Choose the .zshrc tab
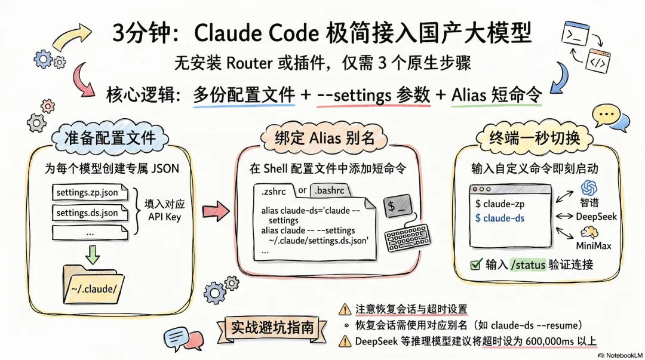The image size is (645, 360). coord(273,190)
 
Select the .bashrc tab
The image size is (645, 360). coord(328,190)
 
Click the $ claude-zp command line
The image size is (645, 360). coord(500,204)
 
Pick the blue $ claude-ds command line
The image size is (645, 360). coord(500,218)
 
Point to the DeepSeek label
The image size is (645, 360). coord(596,216)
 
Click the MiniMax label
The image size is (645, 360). coord(594,245)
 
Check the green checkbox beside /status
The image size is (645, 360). coord(476,264)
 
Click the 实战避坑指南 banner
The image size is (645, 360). coord(272,327)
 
